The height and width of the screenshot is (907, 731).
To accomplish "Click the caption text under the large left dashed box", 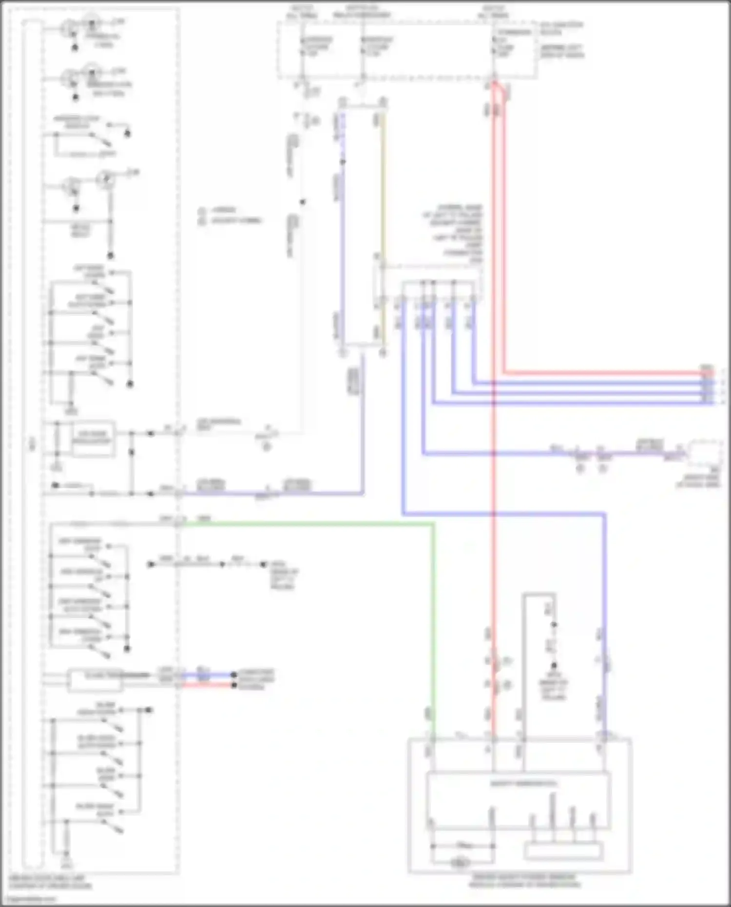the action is click(49, 883).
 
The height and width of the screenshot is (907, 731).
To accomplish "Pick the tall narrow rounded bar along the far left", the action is click(32, 439).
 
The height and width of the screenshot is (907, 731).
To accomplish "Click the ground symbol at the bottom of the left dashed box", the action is click(66, 863).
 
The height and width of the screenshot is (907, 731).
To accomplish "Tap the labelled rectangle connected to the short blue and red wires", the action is click(95, 679).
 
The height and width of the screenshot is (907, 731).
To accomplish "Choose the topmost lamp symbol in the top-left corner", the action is click(91, 22).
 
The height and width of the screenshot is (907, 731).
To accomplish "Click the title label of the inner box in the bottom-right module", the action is click(517, 784).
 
